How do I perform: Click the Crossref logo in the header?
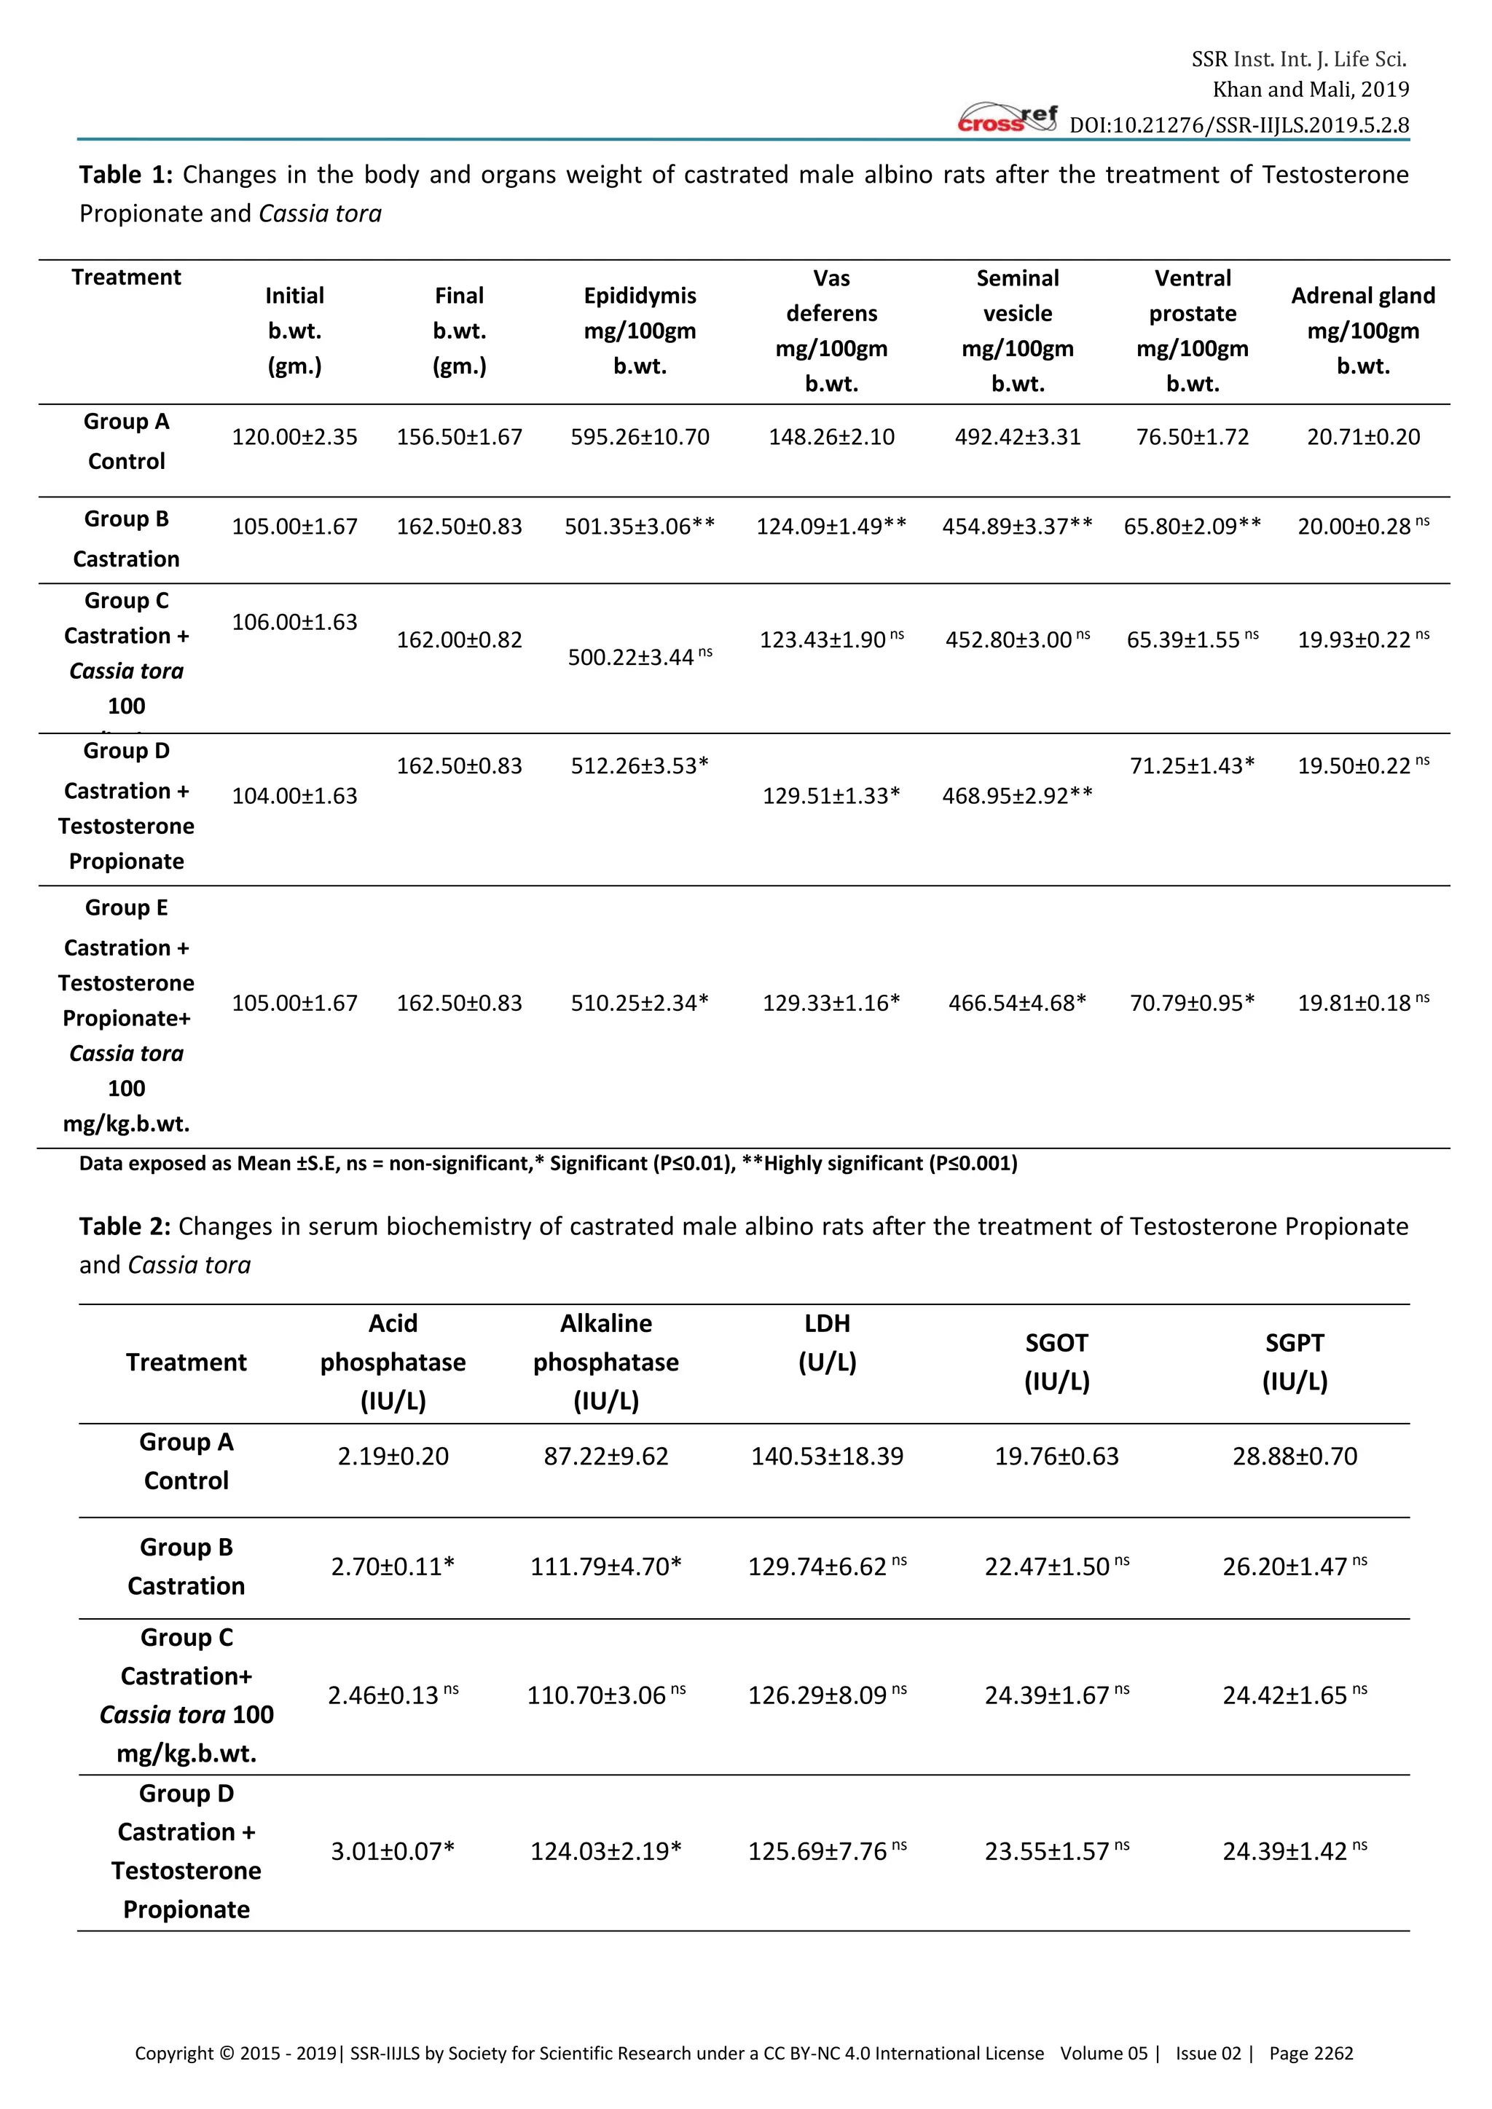click(1007, 119)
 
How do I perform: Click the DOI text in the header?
click(1238, 125)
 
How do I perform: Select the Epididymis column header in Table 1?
click(640, 331)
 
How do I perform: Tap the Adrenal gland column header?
click(1362, 331)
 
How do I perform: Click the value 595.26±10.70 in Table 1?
click(640, 437)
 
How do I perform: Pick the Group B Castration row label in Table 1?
click(127, 539)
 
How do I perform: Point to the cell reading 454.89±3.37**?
click(1017, 527)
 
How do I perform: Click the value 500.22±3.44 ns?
click(640, 657)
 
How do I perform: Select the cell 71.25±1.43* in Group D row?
click(1192, 766)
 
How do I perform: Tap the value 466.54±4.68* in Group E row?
click(1017, 1003)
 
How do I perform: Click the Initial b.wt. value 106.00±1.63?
click(294, 623)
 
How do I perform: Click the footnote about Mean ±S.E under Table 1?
click(548, 1164)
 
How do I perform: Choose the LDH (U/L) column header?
click(827, 1343)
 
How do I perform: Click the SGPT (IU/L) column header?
click(1295, 1363)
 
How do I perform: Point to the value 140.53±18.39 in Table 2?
click(827, 1456)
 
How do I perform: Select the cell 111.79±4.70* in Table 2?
click(605, 1567)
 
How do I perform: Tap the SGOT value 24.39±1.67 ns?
click(1056, 1695)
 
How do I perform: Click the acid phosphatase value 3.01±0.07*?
click(392, 1852)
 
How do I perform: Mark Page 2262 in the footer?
click(1311, 2054)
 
